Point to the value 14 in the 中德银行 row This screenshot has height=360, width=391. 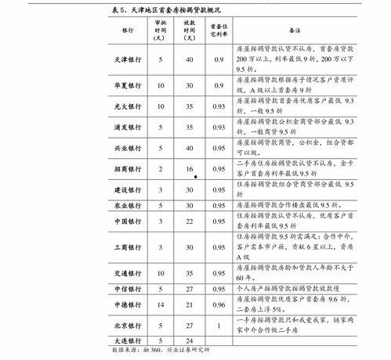[x=161, y=304]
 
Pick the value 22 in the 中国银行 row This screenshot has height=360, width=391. [x=189, y=221]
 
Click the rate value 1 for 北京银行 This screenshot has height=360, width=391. [x=218, y=324]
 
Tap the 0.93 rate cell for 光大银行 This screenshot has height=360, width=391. [x=218, y=105]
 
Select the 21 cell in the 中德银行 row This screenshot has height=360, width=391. [x=189, y=304]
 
